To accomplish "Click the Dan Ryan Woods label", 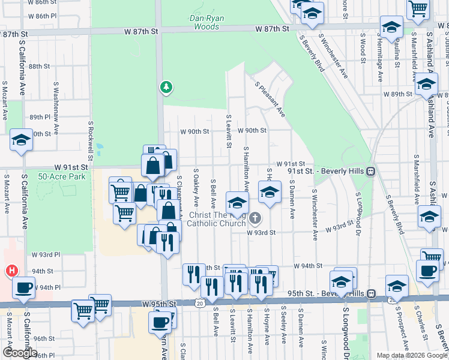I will [x=206, y=22].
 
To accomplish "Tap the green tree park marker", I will [x=166, y=88].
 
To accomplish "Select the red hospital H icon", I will [x=11, y=271].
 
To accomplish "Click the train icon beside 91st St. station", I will [x=371, y=171].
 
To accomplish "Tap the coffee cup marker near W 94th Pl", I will [x=24, y=287].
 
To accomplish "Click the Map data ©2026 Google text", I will [x=411, y=356].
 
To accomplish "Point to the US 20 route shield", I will [x=199, y=304].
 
